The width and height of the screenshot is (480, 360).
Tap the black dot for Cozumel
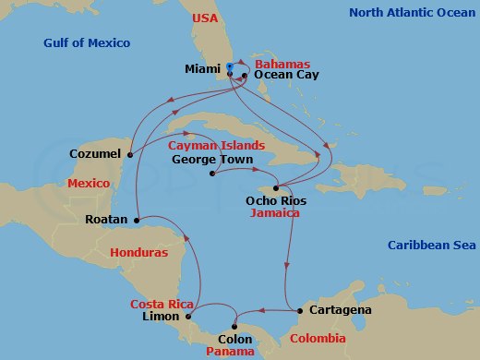pyautogui.click(x=130, y=154)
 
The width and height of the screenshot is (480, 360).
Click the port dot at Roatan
pyautogui.click(x=136, y=221)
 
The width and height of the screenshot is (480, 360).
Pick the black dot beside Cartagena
pyautogui.click(x=299, y=311)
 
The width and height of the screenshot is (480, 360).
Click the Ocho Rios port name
pyautogui.click(x=276, y=200)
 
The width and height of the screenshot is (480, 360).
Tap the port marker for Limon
pyautogui.click(x=188, y=317)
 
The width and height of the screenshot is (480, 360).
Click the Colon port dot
pyautogui.click(x=236, y=325)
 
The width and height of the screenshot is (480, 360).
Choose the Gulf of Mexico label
pyautogui.click(x=87, y=43)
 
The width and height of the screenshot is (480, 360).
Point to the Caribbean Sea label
pyautogui.click(x=431, y=245)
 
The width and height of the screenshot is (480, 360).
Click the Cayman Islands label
pyautogui.click(x=216, y=146)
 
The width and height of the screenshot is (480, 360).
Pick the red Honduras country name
pyautogui.click(x=138, y=252)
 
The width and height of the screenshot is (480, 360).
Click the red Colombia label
pyautogui.click(x=318, y=339)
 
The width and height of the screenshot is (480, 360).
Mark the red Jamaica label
pyautogui.click(x=276, y=212)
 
